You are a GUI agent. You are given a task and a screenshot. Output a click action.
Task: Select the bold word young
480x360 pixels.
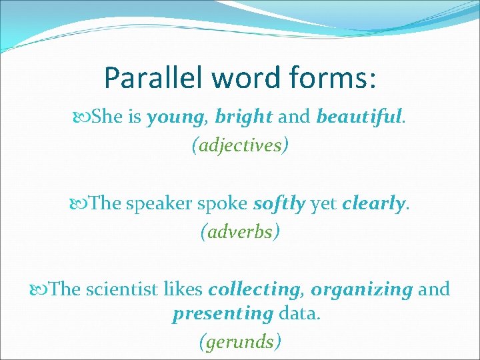pyautogui.click(x=177, y=118)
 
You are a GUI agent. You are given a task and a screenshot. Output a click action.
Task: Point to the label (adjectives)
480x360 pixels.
pyautogui.click(x=240, y=145)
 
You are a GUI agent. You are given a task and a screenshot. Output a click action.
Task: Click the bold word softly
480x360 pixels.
pyautogui.click(x=279, y=203)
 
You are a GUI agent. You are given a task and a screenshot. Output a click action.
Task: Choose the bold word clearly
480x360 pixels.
pyautogui.click(x=373, y=203)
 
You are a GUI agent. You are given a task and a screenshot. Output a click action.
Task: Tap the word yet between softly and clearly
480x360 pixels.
pyautogui.click(x=324, y=203)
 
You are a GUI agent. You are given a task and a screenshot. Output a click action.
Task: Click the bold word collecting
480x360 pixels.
pyautogui.click(x=253, y=289)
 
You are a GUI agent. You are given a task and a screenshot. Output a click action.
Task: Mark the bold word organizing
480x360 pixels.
pyautogui.click(x=362, y=289)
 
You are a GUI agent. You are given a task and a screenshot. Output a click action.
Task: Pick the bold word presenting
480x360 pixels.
pyautogui.click(x=223, y=313)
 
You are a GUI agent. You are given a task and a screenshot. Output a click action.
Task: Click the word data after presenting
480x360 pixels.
pyautogui.click(x=299, y=313)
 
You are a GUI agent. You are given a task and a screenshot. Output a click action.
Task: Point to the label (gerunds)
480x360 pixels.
pyautogui.click(x=240, y=342)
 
